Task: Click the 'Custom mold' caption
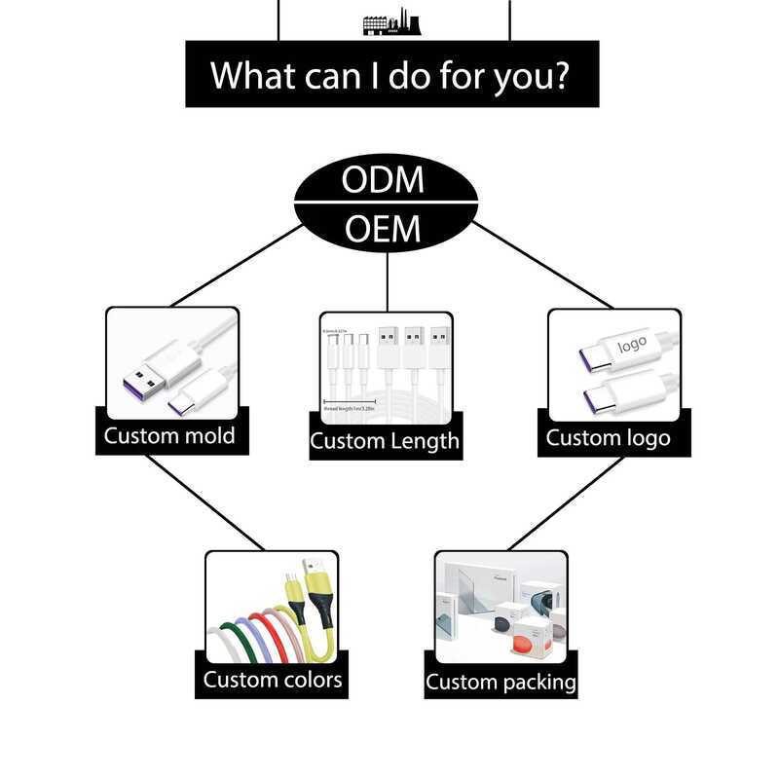(169, 435)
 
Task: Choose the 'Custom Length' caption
(385, 441)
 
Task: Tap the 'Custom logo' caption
(608, 437)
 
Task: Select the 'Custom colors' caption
(273, 679)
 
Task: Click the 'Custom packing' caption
(501, 681)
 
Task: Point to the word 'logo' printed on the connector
(631, 345)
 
